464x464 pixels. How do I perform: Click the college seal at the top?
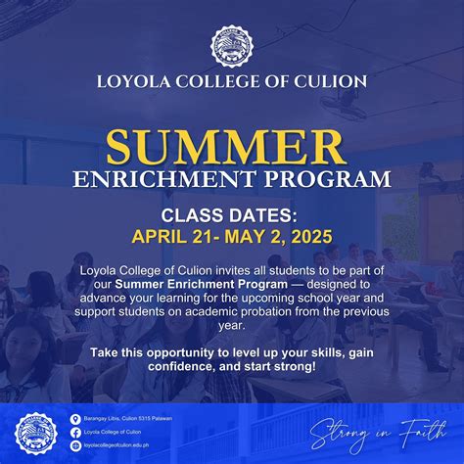tap(232, 46)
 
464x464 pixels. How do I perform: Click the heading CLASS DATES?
tap(232, 214)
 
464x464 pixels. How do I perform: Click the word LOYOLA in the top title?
tap(134, 81)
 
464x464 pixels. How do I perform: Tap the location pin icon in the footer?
tap(75, 419)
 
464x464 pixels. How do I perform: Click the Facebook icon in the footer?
tap(75, 432)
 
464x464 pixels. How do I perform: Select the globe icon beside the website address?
tap(75, 444)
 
